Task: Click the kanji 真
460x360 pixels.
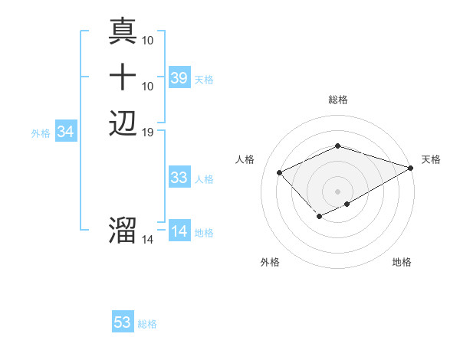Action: (x=123, y=31)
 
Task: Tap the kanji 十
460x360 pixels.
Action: (x=123, y=77)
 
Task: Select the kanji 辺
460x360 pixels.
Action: (x=123, y=123)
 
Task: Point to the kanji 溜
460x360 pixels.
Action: (x=123, y=230)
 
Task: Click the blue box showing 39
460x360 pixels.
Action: (x=179, y=78)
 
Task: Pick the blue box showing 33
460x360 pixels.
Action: (x=179, y=178)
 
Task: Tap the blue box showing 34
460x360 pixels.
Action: (x=66, y=133)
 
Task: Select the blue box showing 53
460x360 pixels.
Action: (x=123, y=322)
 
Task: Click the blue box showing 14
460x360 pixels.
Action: (x=179, y=232)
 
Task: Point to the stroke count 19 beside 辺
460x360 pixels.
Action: (x=148, y=133)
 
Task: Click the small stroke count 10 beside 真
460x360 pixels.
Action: (x=148, y=39)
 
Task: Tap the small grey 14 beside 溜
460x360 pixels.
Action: (x=148, y=240)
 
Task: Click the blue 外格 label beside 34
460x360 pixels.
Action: (x=41, y=133)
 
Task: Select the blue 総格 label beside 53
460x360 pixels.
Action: (x=147, y=324)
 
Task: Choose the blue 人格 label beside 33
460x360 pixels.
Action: (x=204, y=179)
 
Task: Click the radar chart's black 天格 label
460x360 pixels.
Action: (x=431, y=159)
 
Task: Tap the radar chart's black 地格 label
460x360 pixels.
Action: (x=402, y=263)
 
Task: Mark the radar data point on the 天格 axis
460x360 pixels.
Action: (x=411, y=168)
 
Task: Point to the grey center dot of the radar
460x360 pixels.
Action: (x=337, y=191)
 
